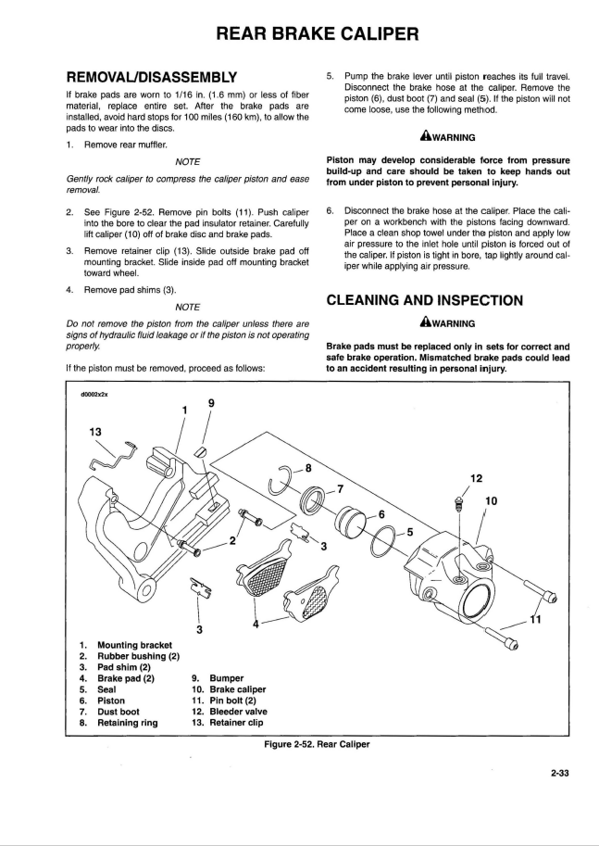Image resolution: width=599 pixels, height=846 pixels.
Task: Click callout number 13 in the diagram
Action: [x=95, y=431]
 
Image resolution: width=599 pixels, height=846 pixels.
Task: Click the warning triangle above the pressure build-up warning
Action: [x=425, y=137]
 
